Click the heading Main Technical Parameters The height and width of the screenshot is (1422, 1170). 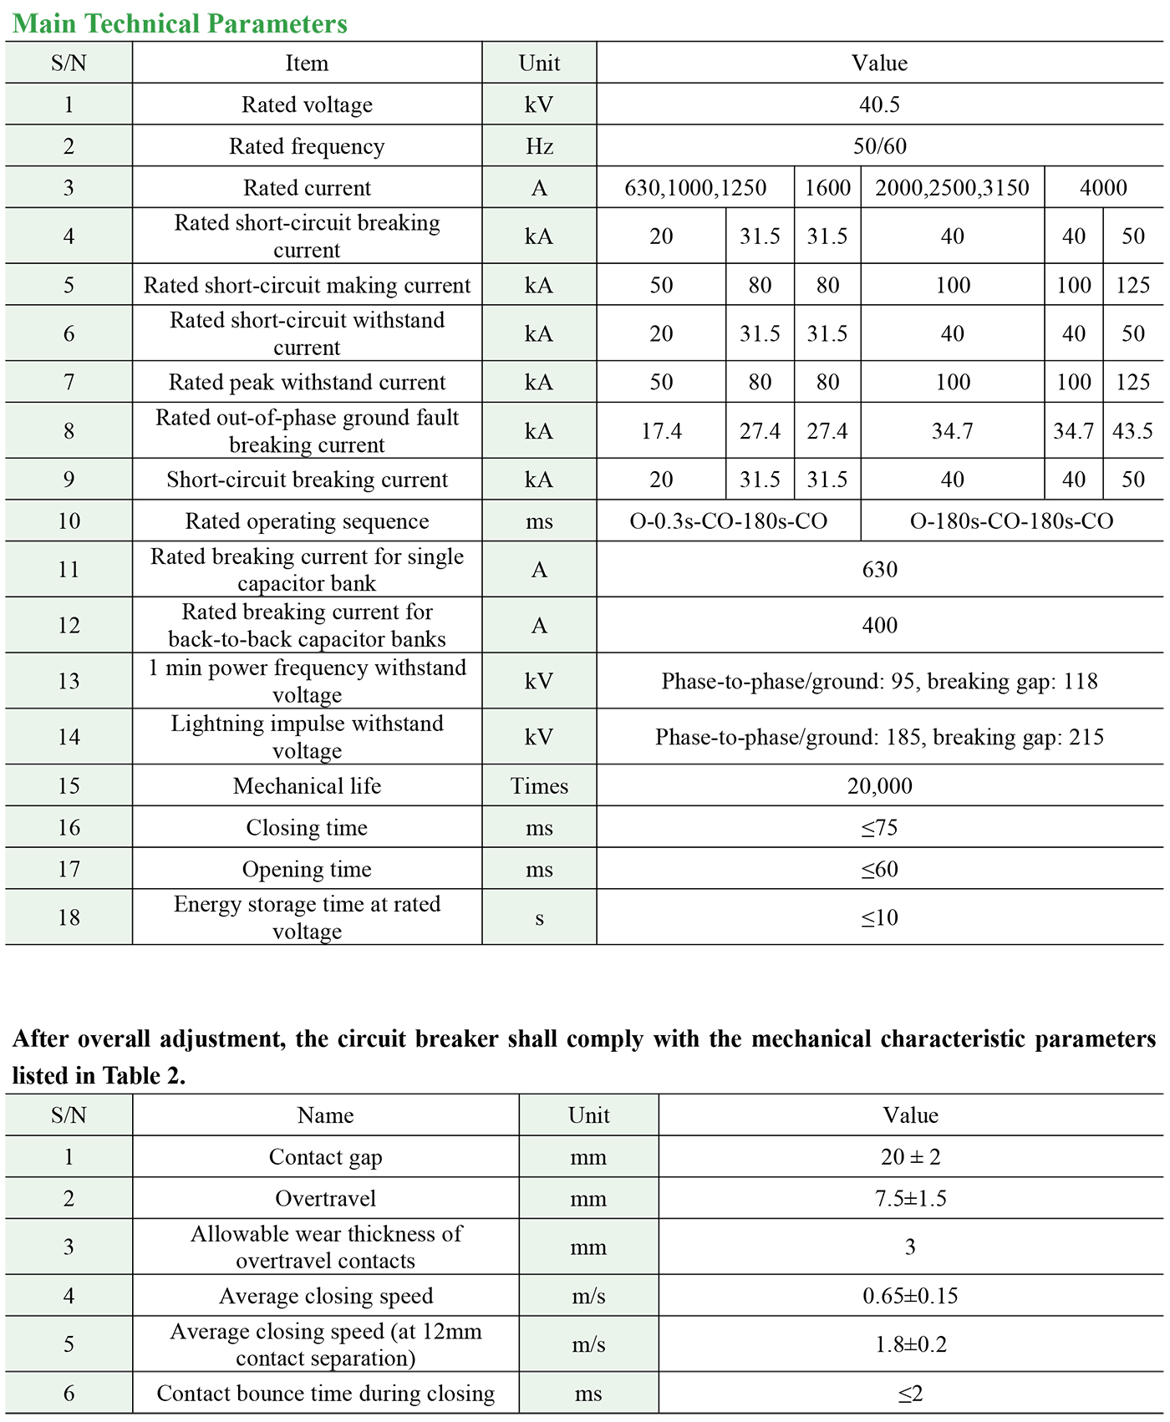[x=180, y=23]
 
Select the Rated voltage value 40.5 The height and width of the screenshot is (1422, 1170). [x=879, y=104]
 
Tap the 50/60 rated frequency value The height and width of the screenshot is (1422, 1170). [x=879, y=146]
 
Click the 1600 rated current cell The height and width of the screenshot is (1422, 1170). [x=827, y=188]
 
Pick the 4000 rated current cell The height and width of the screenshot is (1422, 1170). [x=1103, y=188]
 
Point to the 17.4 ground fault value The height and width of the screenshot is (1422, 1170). [x=661, y=431]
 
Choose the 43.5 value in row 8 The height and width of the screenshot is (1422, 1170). [x=1132, y=431]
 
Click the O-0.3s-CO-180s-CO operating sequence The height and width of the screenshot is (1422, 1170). [x=728, y=521]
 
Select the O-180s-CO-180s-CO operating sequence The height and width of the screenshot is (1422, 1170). [x=1011, y=521]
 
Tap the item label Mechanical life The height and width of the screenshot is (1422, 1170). [x=307, y=786]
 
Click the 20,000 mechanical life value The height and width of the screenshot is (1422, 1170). [x=879, y=786]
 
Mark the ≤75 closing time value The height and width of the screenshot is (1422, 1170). [x=879, y=828]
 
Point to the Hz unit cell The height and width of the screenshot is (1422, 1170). [x=539, y=146]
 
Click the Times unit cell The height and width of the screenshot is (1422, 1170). [x=539, y=786]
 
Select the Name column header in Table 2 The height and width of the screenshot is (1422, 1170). [x=325, y=1115]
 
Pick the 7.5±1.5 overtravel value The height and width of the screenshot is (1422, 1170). [x=910, y=1199]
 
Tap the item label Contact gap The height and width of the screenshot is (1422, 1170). [x=325, y=1157]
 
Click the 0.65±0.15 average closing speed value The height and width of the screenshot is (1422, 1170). [x=910, y=1296]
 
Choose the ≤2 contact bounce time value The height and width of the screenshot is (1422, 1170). [x=910, y=1394]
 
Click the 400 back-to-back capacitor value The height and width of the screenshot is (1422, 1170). [x=879, y=625]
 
